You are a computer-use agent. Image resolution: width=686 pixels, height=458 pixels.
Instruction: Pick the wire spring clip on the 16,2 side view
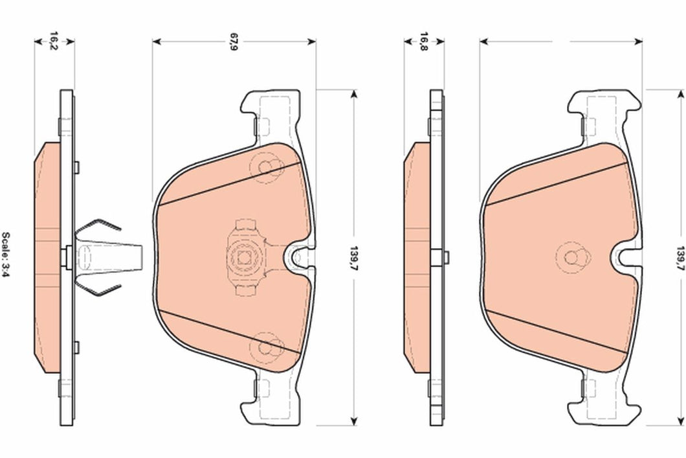coord(97,256)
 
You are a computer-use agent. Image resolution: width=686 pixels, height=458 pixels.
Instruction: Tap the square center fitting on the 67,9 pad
coord(245,257)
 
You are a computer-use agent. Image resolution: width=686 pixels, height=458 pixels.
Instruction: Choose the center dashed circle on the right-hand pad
coord(573,257)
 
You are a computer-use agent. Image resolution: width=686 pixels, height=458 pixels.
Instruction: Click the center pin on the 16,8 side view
coord(444,257)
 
